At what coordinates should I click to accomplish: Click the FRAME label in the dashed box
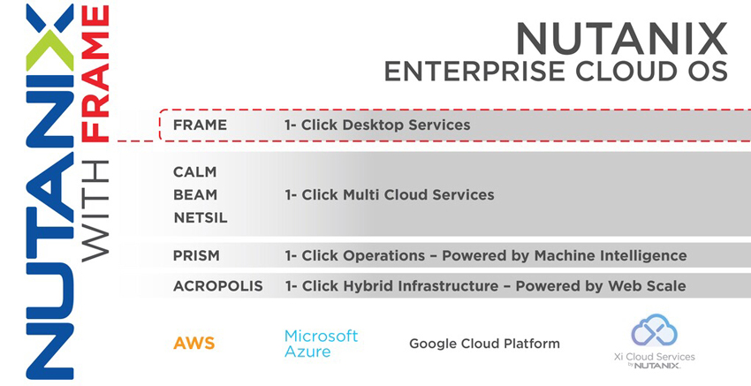(x=200, y=125)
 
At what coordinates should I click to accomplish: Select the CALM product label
(x=195, y=172)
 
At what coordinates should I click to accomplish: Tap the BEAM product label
(x=195, y=195)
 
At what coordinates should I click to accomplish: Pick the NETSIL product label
(x=201, y=218)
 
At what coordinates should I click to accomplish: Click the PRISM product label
(x=196, y=256)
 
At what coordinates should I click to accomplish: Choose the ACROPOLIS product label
(x=218, y=286)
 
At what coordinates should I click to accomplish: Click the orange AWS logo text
(x=194, y=343)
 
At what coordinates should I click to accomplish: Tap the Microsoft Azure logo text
(x=321, y=344)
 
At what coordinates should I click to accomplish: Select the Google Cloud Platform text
(x=484, y=344)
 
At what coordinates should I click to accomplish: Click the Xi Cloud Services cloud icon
(x=654, y=330)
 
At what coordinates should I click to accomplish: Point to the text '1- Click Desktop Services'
(x=377, y=125)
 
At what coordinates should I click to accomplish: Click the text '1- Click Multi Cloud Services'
(x=390, y=195)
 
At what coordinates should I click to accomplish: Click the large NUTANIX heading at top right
(x=621, y=39)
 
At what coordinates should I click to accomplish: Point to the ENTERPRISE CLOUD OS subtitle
(x=556, y=72)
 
